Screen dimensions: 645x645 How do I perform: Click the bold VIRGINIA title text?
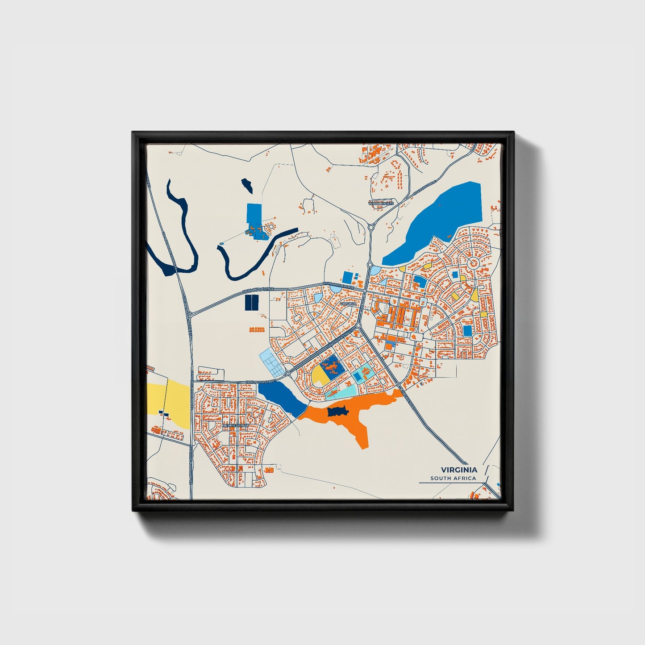point(459,470)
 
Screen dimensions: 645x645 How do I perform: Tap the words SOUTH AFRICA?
point(453,479)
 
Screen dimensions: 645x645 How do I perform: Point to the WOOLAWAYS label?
point(381,203)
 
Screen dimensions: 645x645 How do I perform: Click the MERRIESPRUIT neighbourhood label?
point(235,426)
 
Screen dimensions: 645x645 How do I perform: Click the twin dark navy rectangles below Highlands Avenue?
point(251,303)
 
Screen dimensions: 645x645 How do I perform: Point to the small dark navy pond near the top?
point(247,185)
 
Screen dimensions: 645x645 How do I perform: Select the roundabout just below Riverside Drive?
point(371,227)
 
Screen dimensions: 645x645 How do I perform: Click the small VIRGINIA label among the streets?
point(348,304)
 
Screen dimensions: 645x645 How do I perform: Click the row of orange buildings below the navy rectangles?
point(257,330)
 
